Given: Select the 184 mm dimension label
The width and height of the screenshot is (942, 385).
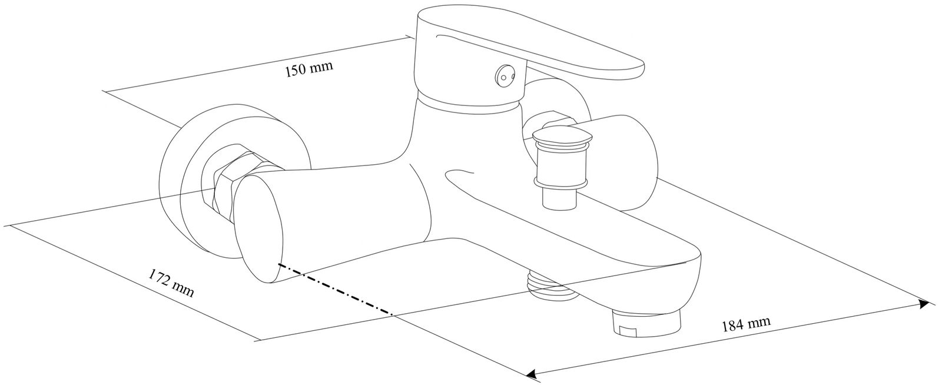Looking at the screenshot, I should (x=745, y=324).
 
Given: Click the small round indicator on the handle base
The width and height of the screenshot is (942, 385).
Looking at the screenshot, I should (x=505, y=75).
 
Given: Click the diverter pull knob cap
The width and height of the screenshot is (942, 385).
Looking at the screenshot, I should (x=560, y=140).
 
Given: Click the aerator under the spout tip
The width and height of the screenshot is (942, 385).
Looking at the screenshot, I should (x=646, y=324).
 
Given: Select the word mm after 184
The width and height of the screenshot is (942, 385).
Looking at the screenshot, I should (x=759, y=321).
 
